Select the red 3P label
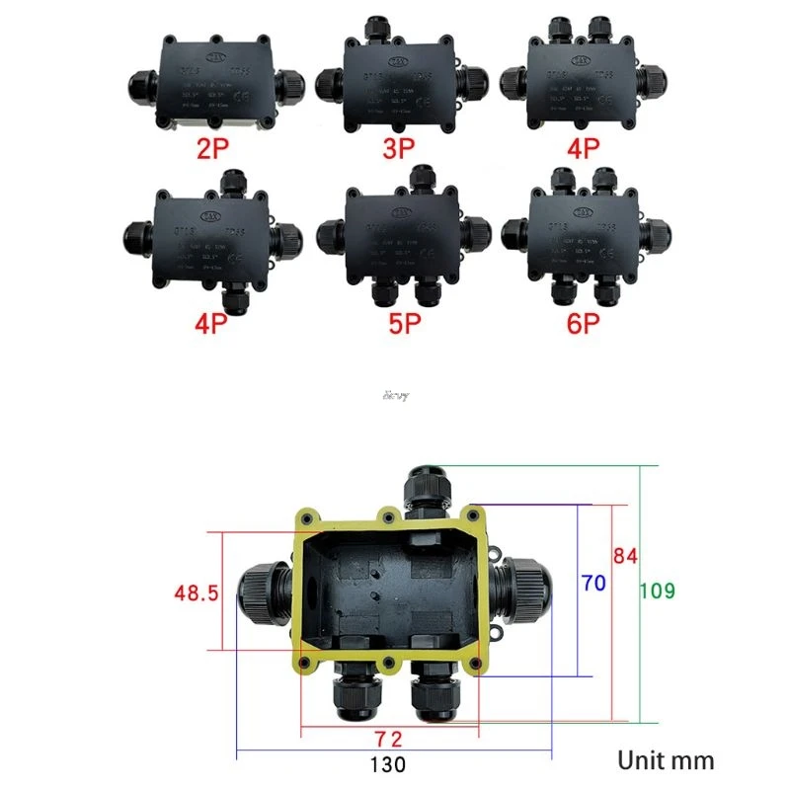pos(400,149)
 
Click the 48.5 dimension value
pos(196,593)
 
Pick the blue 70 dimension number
pos(592,583)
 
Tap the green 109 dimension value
pos(658,592)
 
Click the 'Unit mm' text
pos(666,760)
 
